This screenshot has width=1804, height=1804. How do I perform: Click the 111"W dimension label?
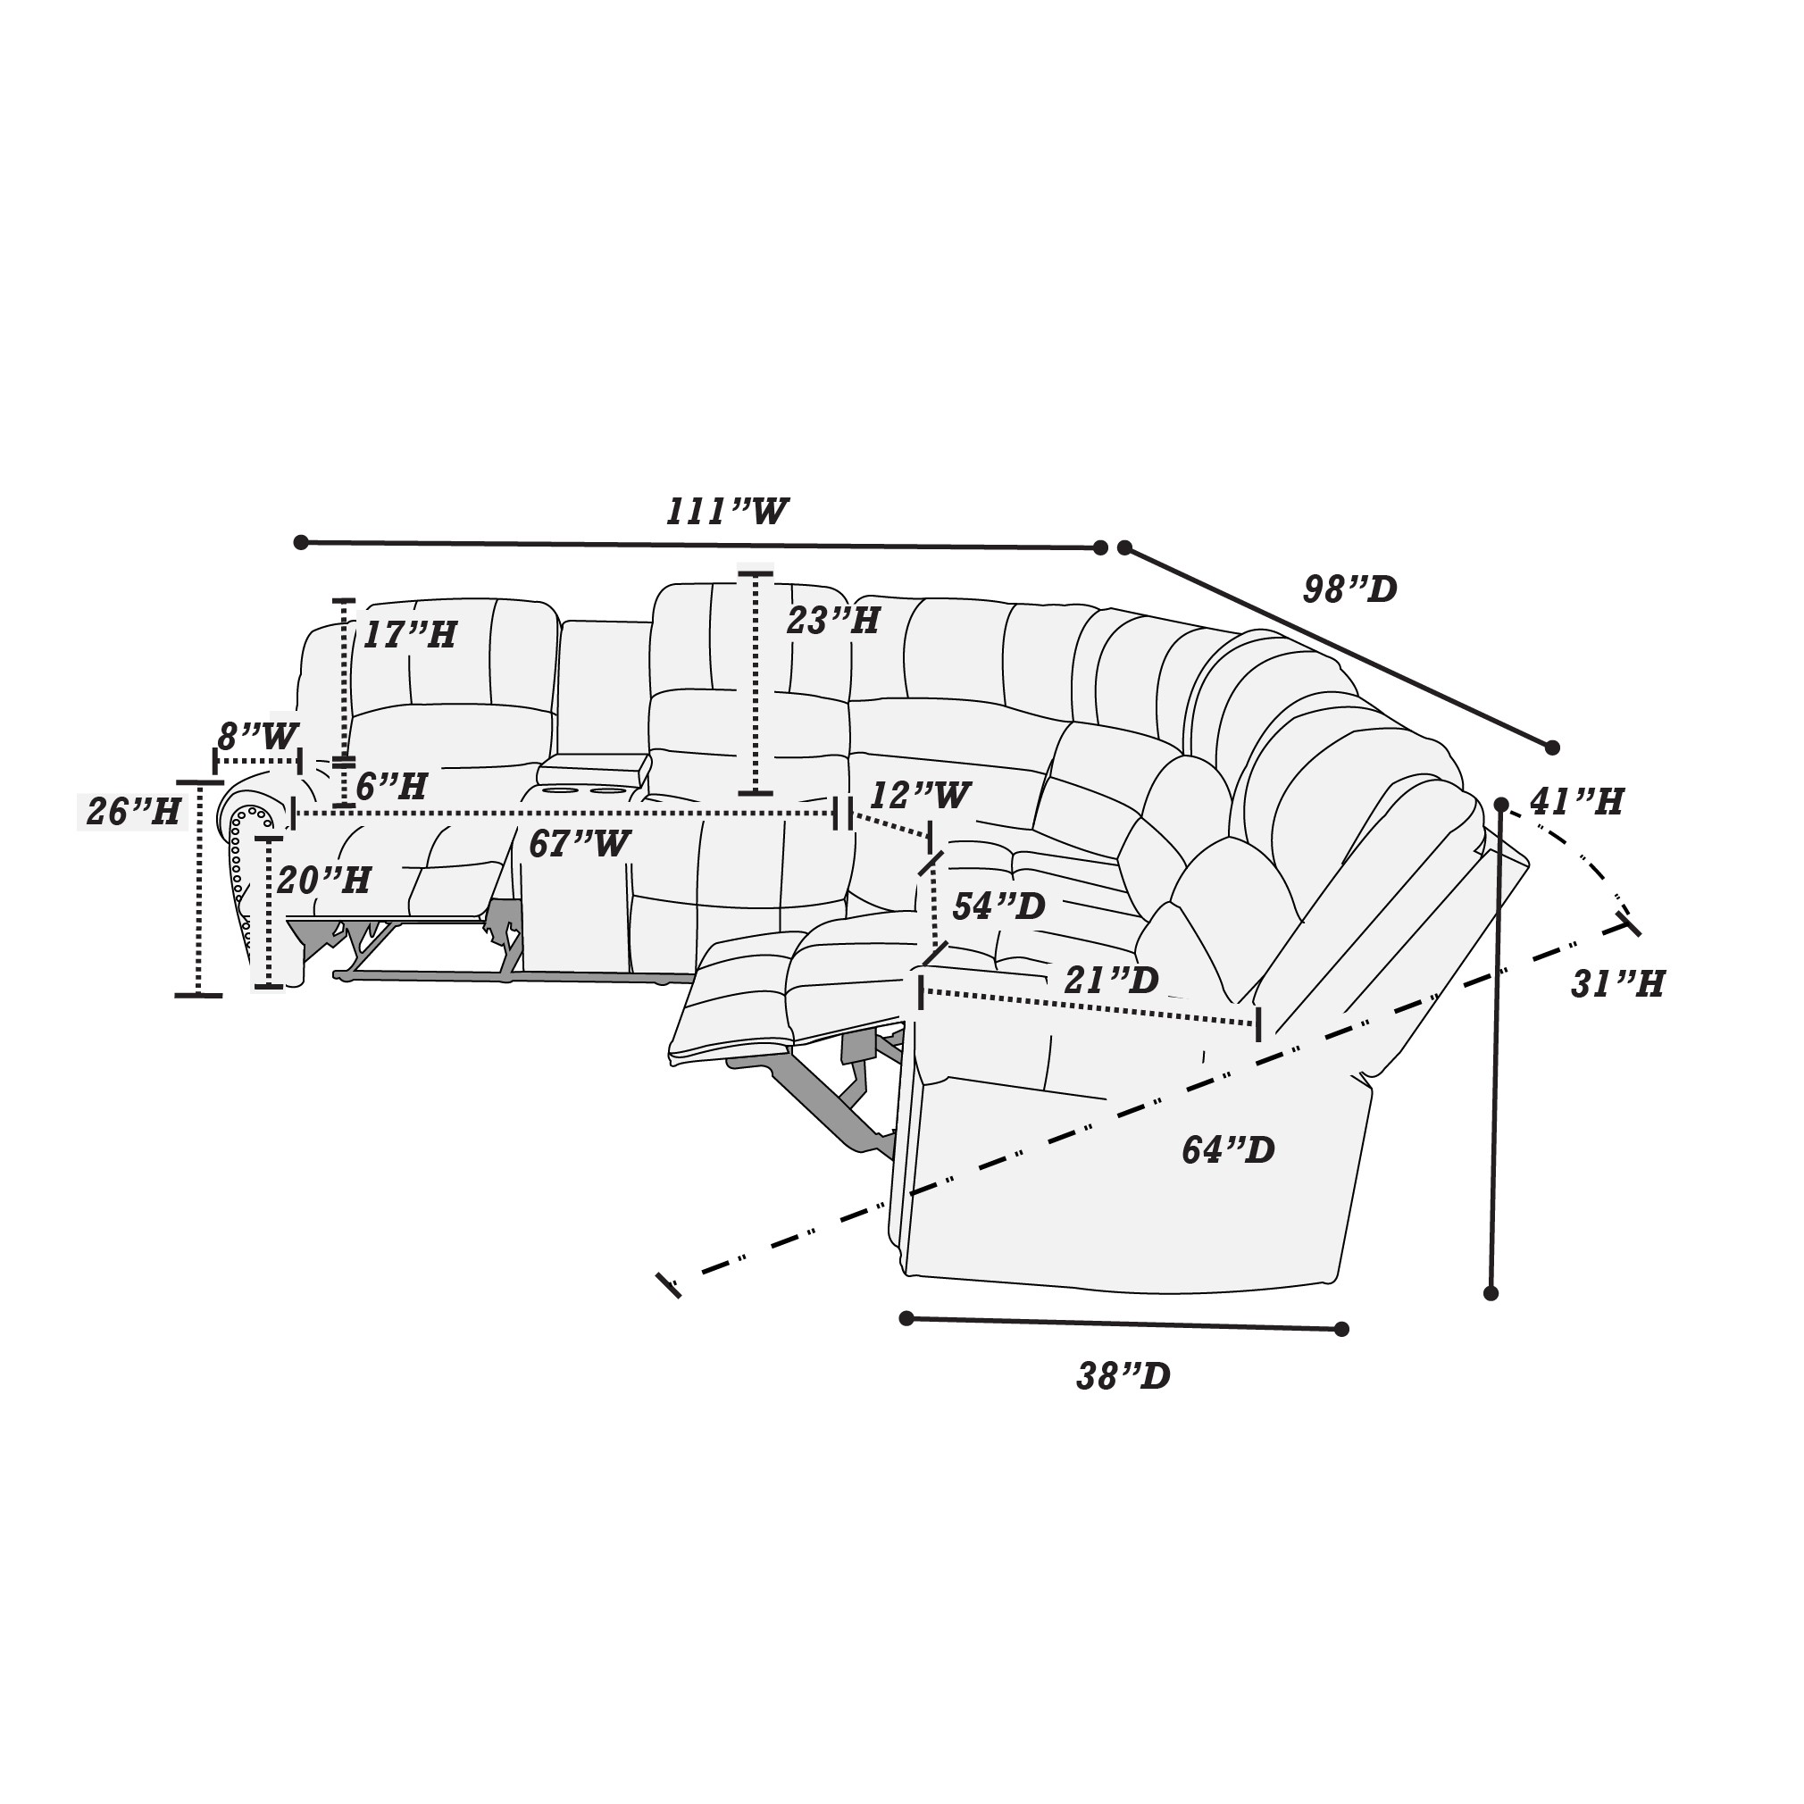tap(726, 512)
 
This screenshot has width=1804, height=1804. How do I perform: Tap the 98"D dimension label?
tap(1350, 589)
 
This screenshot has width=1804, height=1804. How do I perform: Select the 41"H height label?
tap(1577, 801)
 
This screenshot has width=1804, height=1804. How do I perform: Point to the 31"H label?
tap(1617, 984)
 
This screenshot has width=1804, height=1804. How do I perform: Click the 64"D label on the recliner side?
tap(1228, 1150)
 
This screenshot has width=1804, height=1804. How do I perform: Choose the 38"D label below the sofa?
tap(1123, 1376)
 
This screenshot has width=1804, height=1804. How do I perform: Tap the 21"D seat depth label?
tap(1111, 980)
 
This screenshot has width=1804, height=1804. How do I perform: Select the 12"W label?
tap(921, 796)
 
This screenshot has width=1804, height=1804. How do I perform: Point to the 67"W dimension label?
tap(579, 844)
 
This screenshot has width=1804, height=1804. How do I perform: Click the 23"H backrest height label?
tap(833, 620)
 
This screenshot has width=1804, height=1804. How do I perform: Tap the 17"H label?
tap(409, 635)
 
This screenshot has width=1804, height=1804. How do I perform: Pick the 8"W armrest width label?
tap(257, 737)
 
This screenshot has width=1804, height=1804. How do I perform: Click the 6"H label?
tap(391, 786)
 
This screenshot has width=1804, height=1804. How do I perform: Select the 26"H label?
tap(134, 812)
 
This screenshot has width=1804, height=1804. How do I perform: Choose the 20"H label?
tap(324, 880)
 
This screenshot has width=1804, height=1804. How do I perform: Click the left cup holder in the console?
tap(560, 792)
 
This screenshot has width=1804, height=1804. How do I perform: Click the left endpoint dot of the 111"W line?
tap(301, 542)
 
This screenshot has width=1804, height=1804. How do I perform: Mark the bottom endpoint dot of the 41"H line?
tap(1491, 1293)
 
